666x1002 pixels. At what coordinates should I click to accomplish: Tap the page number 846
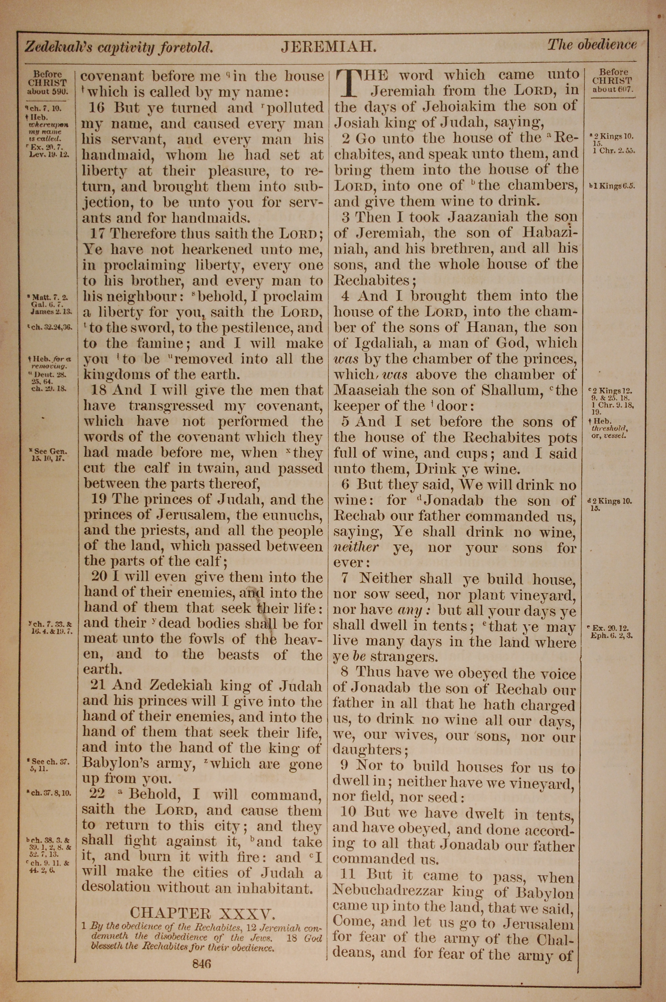(201, 951)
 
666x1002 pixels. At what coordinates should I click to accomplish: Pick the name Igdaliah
(383, 343)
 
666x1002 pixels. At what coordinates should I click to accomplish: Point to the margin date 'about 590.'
(48, 91)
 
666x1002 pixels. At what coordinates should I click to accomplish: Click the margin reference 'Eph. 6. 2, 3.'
(612, 636)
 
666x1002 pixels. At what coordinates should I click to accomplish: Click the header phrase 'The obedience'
(591, 45)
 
